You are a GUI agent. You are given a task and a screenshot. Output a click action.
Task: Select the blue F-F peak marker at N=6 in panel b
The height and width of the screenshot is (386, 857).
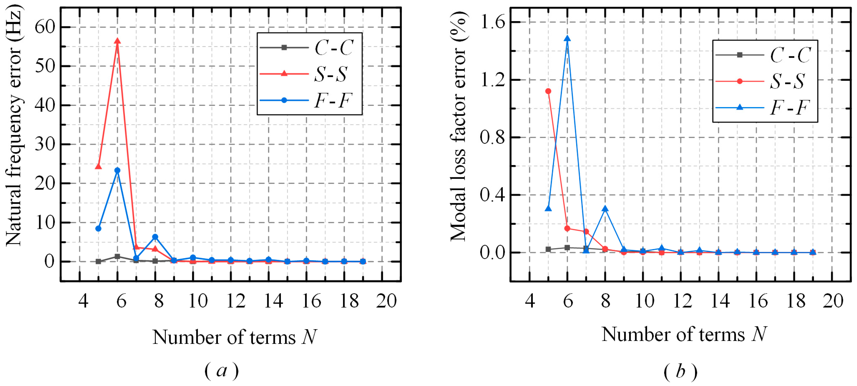coord(567,39)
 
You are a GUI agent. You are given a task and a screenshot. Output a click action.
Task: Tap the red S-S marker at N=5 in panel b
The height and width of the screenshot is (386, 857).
coord(548,91)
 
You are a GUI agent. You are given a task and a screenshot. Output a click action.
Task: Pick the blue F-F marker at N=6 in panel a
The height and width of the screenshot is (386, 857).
coord(117,171)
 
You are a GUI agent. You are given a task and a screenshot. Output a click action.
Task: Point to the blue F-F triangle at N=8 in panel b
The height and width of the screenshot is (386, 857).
coord(605,209)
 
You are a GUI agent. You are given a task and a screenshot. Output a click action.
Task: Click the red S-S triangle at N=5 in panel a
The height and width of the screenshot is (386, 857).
coord(98,166)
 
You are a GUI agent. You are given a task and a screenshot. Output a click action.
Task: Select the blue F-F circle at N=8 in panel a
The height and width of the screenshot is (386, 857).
coord(155,237)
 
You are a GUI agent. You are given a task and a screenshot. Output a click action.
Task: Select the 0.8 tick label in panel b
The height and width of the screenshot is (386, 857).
coord(492,137)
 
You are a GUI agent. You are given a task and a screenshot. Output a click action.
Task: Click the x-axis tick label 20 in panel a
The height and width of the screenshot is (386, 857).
coord(386,301)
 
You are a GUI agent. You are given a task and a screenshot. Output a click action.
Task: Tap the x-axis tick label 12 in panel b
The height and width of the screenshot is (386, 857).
coord(682,301)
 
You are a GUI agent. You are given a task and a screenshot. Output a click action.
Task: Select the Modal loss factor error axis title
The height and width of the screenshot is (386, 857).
coord(458,127)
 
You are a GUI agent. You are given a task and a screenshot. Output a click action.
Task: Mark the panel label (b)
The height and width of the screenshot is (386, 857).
coord(680,372)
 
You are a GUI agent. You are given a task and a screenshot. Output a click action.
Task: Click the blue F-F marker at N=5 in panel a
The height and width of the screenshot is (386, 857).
coord(98,228)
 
